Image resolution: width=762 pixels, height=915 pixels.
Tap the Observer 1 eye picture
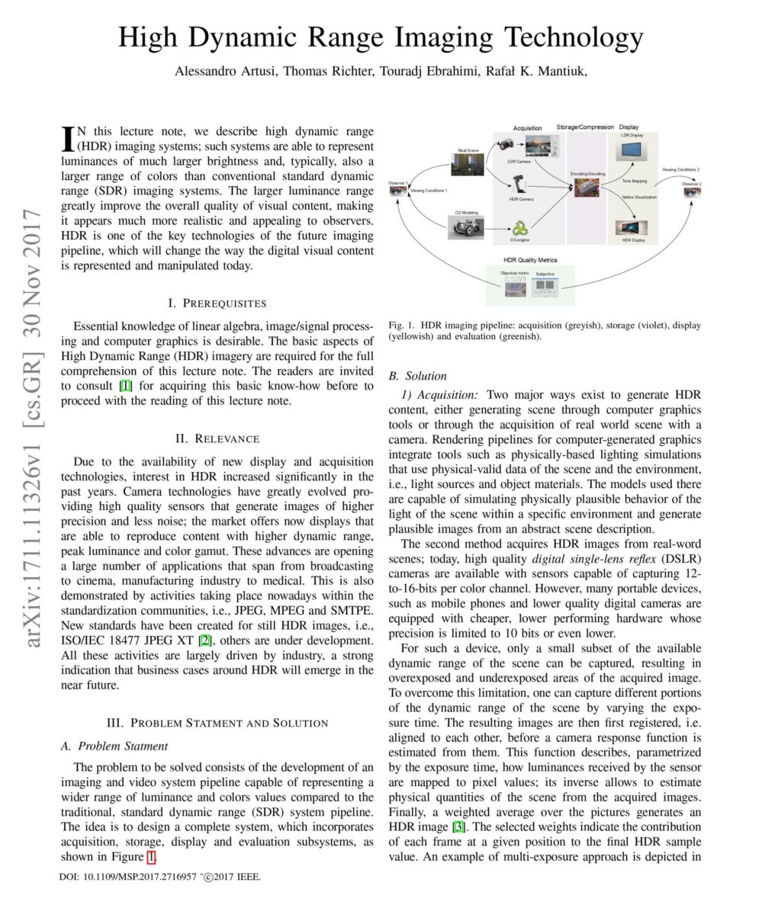tap(398, 191)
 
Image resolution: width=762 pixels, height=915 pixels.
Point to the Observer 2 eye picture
tap(691, 192)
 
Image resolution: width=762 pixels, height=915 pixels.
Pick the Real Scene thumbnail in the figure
tap(466, 165)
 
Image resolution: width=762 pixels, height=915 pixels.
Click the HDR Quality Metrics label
tap(530, 260)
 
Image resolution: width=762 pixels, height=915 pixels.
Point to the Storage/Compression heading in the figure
tap(585, 127)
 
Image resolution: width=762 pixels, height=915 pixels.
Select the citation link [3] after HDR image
tap(458, 827)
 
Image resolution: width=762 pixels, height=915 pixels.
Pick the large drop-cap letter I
tap(67, 137)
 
